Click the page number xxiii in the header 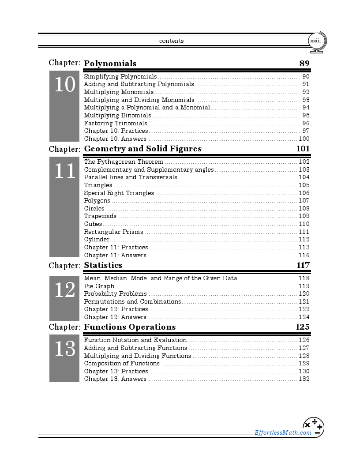(x=315, y=41)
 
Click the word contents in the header (x=171, y=41)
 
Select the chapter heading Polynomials (x=110, y=63)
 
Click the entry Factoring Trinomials (x=116, y=123)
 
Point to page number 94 (x=306, y=107)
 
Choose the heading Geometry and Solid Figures (x=142, y=149)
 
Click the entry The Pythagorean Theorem (x=124, y=162)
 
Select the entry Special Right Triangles (x=119, y=193)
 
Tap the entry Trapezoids (x=100, y=216)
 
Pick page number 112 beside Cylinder (x=304, y=240)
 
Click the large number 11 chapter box (x=64, y=171)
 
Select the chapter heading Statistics (x=103, y=265)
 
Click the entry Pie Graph (x=99, y=286)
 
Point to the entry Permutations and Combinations (x=132, y=301)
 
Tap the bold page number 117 (x=303, y=265)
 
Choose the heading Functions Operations (x=130, y=327)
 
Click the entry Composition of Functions (x=122, y=363)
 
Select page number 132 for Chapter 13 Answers (x=304, y=379)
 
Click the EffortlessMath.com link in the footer (x=283, y=432)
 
